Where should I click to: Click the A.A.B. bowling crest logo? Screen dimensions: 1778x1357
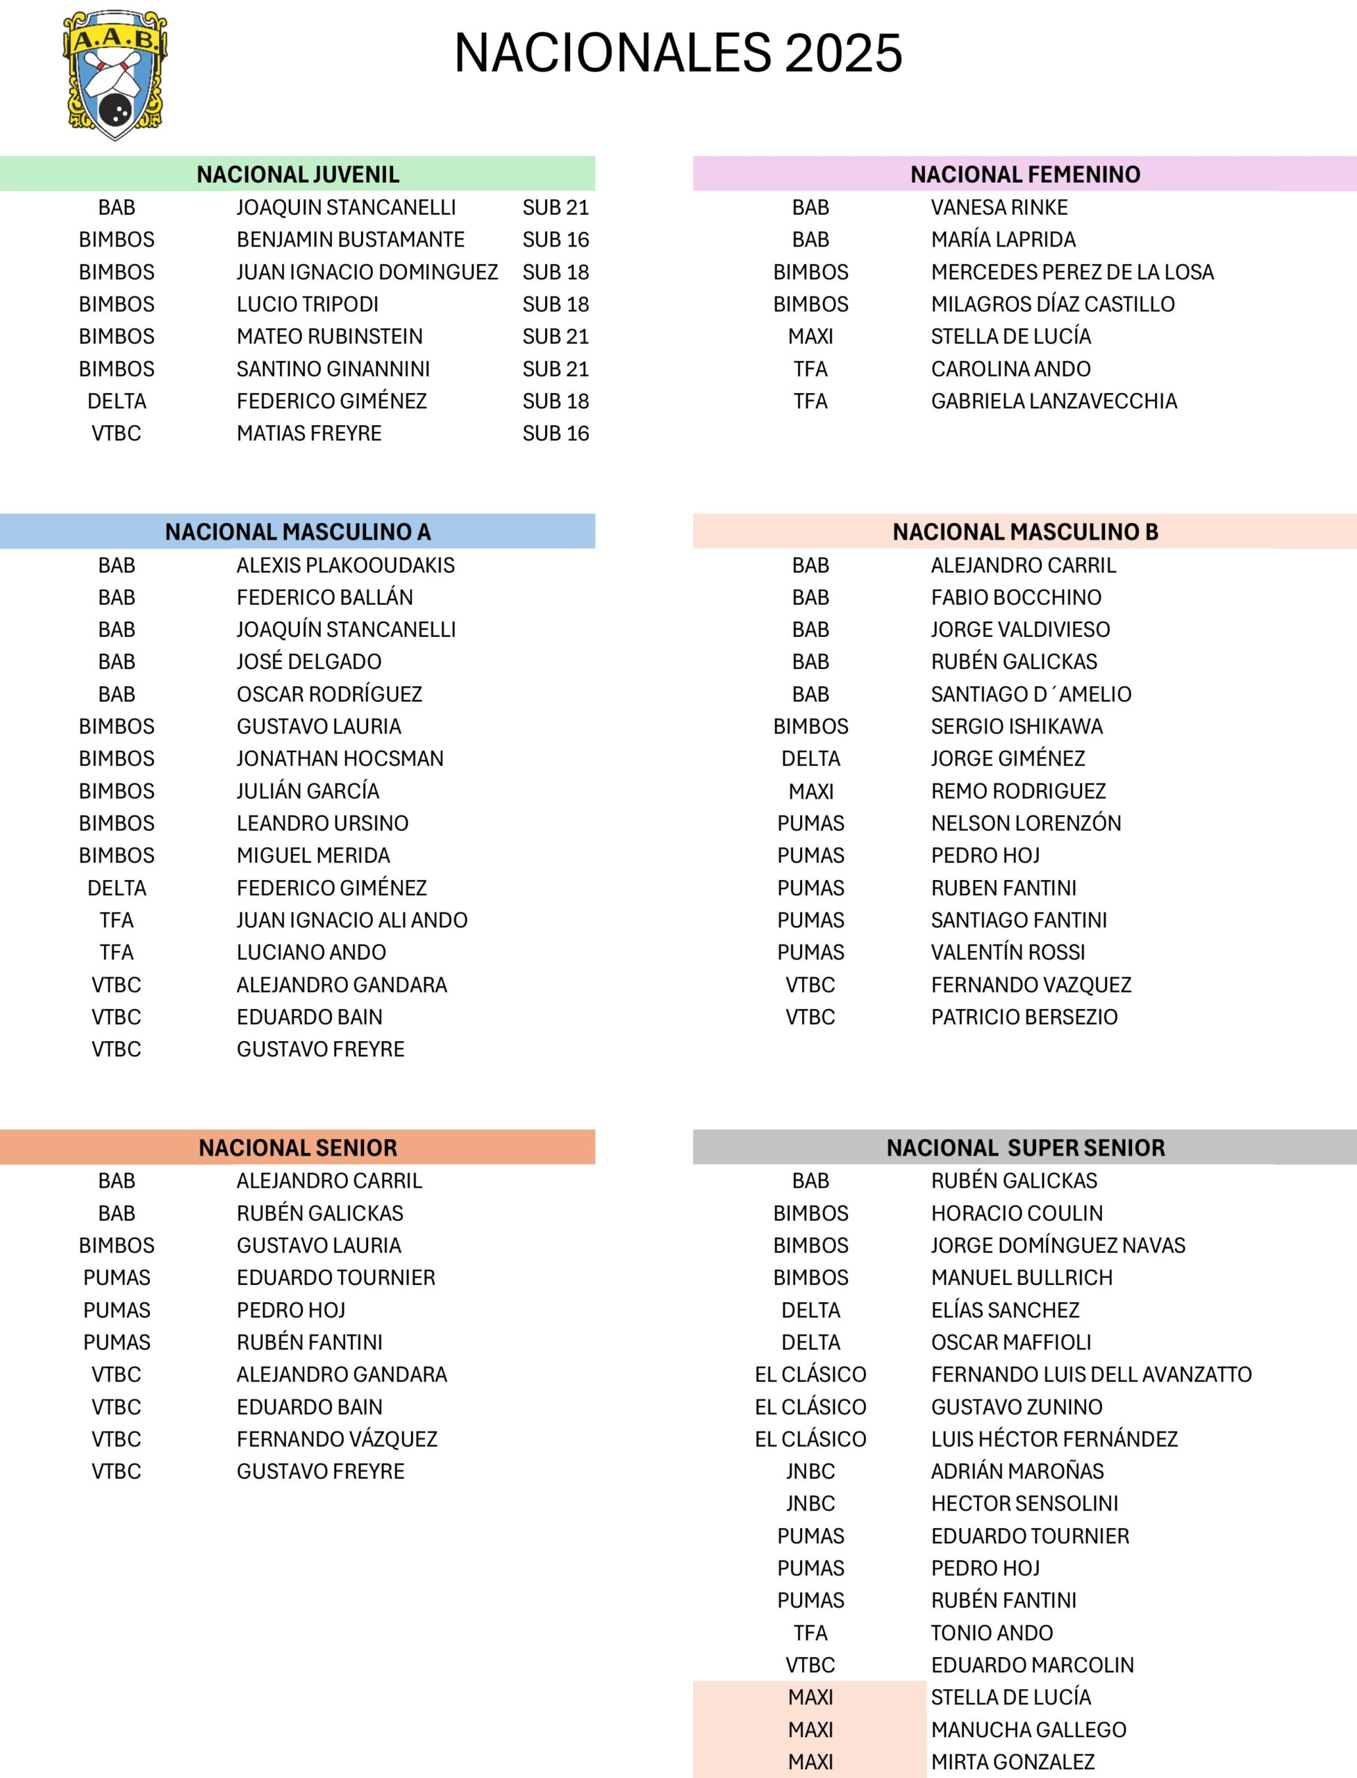[115, 74]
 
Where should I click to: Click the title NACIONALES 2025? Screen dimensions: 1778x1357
[678, 53]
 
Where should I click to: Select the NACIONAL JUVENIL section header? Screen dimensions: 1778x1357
[297, 174]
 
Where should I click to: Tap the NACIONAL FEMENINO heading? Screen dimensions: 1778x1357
[1024, 174]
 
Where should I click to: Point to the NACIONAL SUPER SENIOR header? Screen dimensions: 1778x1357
[1025, 1147]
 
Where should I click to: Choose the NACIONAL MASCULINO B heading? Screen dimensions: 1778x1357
[1024, 531]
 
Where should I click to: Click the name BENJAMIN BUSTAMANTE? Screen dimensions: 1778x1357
[350, 239]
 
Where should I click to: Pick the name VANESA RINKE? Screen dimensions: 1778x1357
[999, 207]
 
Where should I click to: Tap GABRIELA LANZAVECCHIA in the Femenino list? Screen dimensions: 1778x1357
[1054, 401]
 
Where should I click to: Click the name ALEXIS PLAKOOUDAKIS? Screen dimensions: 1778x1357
[345, 565]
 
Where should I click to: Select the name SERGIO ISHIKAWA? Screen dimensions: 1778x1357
[1016, 726]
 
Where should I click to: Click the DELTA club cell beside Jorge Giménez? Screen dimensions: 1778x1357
[810, 758]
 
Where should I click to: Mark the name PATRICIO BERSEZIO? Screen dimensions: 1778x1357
[1024, 1017]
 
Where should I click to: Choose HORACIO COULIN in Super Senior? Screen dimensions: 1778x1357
[1016, 1213]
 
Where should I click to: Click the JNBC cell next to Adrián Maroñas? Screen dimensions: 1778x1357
[810, 1471]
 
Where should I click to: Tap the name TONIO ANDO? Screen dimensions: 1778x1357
[991, 1633]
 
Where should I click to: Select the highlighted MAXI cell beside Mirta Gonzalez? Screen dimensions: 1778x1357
[810, 1762]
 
